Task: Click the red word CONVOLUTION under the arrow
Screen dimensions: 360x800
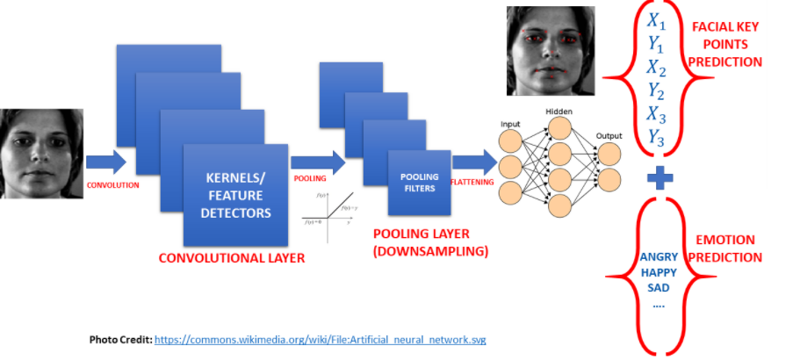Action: (112, 185)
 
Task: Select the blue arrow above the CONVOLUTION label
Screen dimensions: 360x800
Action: (105, 162)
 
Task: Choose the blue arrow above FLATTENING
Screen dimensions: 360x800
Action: (472, 161)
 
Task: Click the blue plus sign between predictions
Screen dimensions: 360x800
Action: (660, 178)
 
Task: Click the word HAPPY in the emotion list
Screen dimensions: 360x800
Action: (660, 273)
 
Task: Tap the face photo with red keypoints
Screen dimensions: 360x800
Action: (545, 51)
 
